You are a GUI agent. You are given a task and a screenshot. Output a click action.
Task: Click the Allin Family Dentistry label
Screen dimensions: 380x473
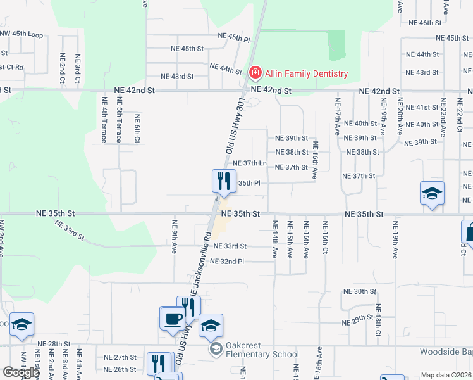[306, 73]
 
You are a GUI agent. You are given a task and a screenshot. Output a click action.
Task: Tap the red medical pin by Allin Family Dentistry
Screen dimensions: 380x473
[255, 73]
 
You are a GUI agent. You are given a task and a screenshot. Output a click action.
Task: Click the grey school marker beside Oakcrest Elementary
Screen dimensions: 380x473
[216, 348]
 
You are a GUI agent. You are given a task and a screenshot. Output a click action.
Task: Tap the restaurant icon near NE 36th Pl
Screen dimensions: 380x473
[222, 182]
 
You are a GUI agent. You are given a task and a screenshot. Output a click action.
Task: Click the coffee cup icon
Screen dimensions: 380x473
[171, 318]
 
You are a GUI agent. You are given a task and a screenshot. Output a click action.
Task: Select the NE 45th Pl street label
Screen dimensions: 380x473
[234, 38]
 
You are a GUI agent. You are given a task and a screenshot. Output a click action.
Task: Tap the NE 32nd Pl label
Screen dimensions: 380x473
[226, 262]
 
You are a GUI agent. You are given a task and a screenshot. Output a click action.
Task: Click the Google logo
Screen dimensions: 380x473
[21, 372]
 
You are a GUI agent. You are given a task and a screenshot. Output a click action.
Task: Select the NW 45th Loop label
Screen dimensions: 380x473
[21, 35]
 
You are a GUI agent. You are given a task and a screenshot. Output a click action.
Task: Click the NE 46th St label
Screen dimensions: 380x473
[424, 23]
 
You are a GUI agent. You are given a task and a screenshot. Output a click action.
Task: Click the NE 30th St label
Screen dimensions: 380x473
[359, 291]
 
